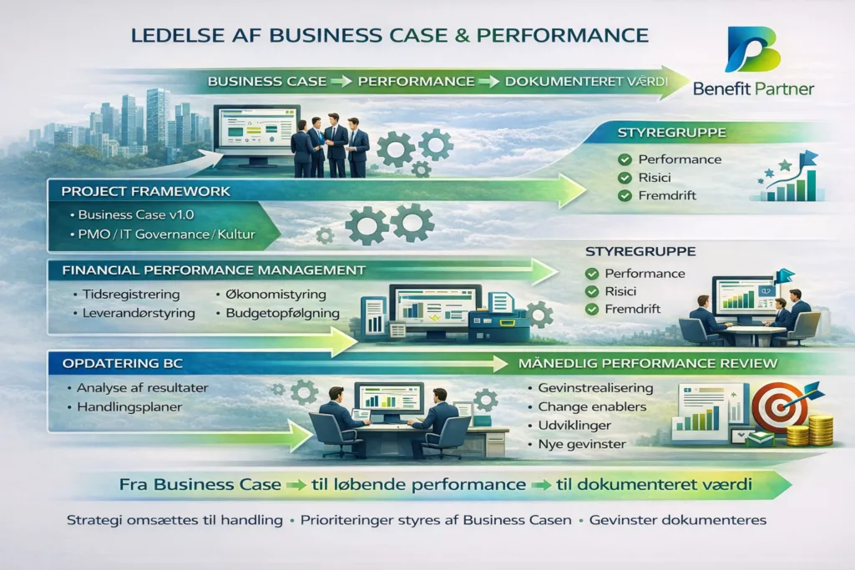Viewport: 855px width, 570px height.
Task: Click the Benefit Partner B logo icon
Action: coord(753,49)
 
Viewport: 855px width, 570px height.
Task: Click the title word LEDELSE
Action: coord(178,35)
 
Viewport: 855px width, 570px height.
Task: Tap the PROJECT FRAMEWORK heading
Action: coord(145,191)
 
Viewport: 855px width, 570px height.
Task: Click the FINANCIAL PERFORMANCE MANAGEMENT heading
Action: coord(214,270)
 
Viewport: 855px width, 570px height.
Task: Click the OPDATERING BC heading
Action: coord(122,364)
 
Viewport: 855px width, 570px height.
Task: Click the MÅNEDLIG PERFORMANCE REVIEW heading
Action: coord(648,364)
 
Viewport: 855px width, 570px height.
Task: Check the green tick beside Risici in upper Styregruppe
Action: coord(625,178)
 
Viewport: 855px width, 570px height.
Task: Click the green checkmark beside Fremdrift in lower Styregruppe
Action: coord(592,310)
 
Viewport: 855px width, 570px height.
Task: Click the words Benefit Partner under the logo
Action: coord(753,88)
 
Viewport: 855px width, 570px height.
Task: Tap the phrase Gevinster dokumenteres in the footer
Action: coord(678,521)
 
